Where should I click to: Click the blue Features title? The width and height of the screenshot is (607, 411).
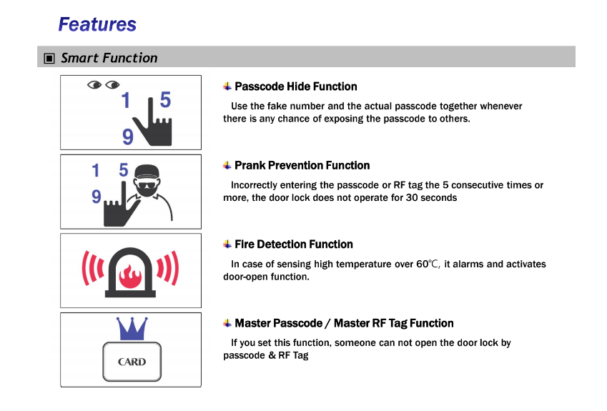coord(97,24)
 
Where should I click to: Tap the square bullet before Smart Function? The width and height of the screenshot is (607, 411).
coord(49,59)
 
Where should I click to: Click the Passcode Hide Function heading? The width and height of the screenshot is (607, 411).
coord(296,86)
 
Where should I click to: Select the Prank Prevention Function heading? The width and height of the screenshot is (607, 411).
coord(302,165)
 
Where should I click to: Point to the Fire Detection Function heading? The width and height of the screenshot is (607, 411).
coord(294,244)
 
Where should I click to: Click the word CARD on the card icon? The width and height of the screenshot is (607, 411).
coord(132,362)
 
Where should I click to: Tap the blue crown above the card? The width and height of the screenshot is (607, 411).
coord(132,329)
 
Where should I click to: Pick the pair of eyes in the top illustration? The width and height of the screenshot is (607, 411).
coord(104,85)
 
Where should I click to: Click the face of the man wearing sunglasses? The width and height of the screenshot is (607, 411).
coord(147,185)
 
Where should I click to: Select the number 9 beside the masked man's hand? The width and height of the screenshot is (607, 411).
coord(97,197)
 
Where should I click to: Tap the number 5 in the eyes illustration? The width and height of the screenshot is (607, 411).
coord(165,100)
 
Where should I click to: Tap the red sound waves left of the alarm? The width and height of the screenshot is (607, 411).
coord(93,268)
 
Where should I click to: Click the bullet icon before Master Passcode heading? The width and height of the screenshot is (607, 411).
coord(227,323)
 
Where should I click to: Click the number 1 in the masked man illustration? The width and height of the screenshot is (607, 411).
coord(96,170)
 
